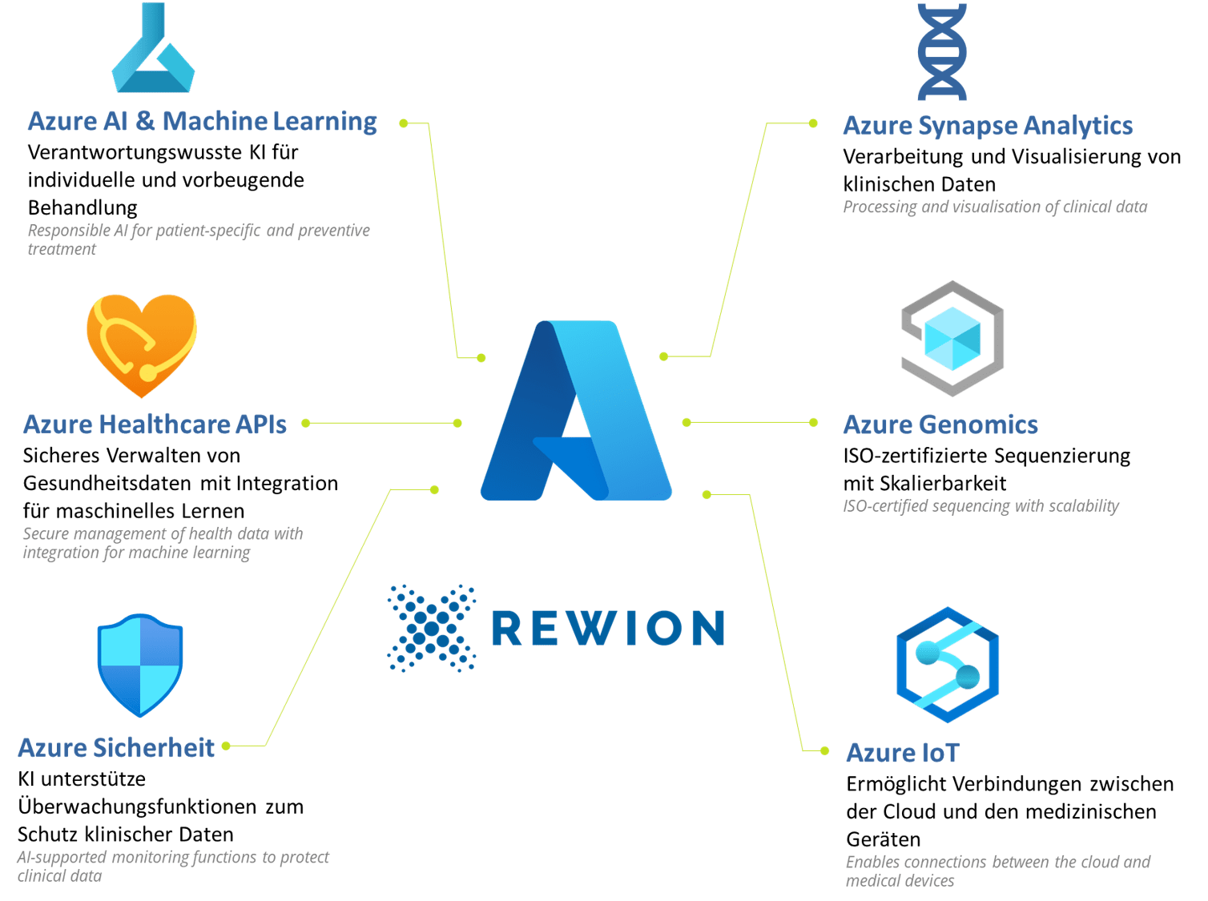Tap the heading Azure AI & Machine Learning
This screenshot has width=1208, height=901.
tap(202, 122)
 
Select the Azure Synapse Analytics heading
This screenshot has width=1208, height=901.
tap(988, 126)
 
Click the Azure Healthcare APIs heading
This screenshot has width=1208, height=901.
tap(155, 424)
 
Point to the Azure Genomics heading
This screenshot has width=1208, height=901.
tap(940, 424)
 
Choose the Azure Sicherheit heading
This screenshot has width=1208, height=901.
tap(116, 748)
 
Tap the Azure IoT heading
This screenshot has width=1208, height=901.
tap(901, 753)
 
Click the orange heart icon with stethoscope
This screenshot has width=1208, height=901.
tap(142, 344)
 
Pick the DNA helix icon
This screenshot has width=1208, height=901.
tap(942, 50)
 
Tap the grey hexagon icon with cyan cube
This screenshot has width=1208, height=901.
tap(952, 338)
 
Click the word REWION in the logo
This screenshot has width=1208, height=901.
tap(608, 628)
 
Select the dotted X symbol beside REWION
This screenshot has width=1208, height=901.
tap(432, 628)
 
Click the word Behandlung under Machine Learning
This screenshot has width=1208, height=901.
tap(83, 208)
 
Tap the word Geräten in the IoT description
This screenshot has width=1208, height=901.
tap(884, 840)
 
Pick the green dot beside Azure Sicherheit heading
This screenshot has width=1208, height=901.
tap(226, 746)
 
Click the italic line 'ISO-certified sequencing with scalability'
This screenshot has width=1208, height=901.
tap(980, 506)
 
